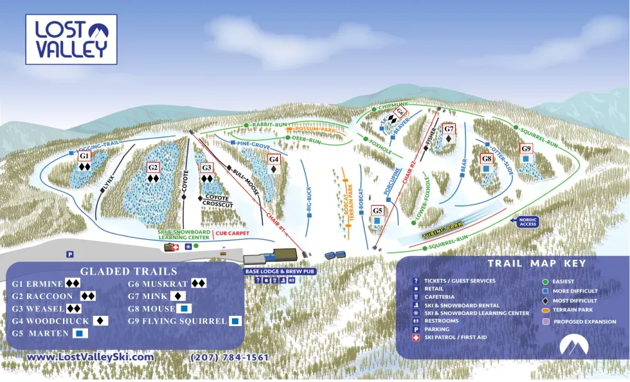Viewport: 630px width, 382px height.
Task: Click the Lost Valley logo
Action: coord(71,40)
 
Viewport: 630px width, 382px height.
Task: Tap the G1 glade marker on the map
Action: coord(84,156)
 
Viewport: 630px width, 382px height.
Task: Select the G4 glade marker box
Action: coord(274,159)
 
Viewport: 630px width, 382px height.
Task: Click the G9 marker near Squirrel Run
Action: coord(526,149)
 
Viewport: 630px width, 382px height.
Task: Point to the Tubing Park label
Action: coord(443,232)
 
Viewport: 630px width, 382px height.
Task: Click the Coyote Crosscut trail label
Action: coord(217,202)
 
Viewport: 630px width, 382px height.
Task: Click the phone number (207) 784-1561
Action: coord(230,357)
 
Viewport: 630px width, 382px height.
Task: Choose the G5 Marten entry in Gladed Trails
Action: coord(50,333)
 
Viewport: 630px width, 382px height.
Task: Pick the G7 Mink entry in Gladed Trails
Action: coord(156,296)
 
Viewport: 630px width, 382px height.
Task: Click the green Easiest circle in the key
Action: coord(546,281)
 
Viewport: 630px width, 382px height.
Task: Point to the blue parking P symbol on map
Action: coord(70,254)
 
